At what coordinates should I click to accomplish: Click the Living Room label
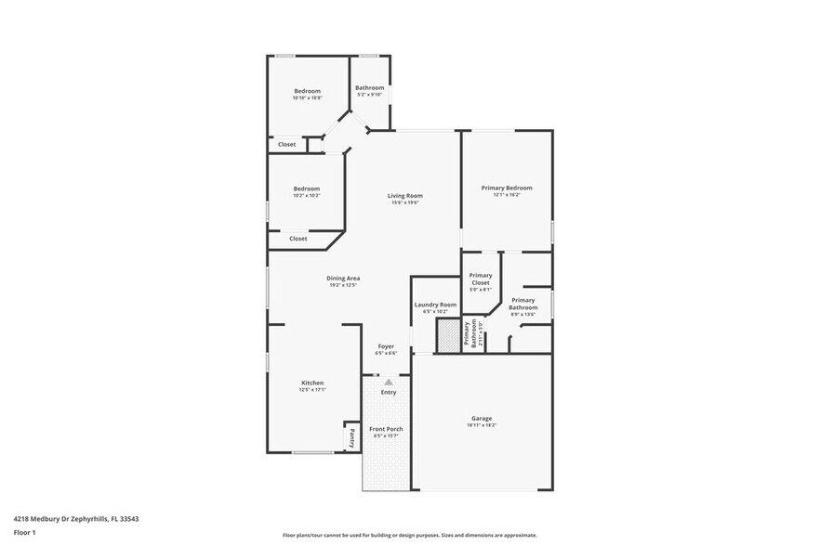[405, 196]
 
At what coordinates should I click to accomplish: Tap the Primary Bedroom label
[507, 188]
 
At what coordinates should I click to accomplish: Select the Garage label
[482, 419]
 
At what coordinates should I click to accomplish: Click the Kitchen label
[312, 383]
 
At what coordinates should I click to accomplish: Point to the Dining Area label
[343, 279]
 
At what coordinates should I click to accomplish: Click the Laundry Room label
[435, 305]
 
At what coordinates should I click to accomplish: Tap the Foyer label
[385, 346]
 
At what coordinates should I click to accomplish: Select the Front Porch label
[385, 429]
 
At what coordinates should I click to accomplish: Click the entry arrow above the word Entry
[389, 381]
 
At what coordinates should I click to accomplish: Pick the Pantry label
[352, 437]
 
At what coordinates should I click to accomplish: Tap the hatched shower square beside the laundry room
[450, 334]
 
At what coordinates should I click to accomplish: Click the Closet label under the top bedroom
[287, 145]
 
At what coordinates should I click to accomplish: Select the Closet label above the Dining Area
[298, 239]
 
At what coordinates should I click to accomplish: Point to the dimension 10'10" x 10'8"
[307, 98]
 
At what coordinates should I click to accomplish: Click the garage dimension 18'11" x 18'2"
[482, 425]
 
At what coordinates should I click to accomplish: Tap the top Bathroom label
[369, 87]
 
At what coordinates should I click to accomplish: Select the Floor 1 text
[24, 532]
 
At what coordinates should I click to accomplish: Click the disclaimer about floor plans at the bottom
[409, 536]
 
